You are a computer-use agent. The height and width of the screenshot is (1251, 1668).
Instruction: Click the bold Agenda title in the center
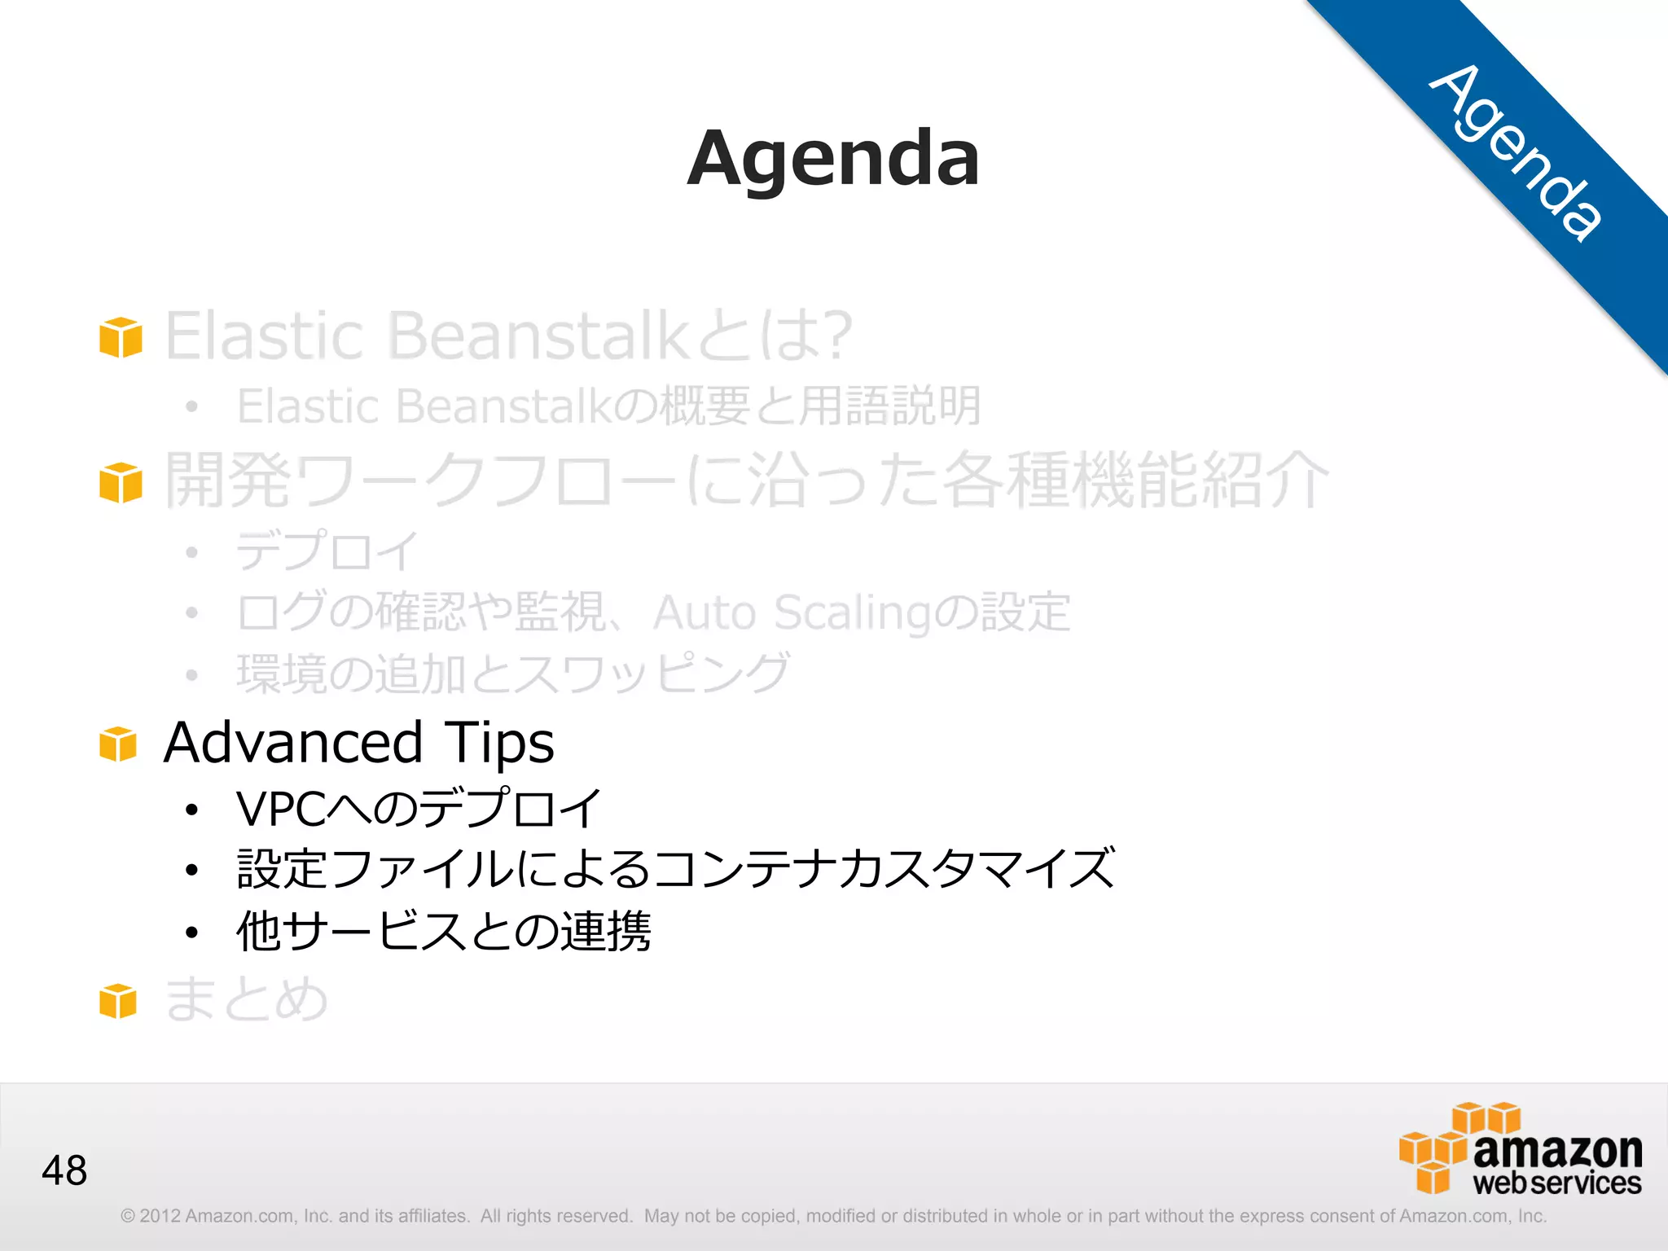833,159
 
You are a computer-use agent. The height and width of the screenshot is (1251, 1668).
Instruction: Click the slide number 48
64,1170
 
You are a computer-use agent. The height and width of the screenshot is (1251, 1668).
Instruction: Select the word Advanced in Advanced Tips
292,742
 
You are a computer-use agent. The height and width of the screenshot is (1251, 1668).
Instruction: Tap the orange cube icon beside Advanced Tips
119,744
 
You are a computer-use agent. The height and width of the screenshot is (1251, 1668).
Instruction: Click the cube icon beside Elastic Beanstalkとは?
121,337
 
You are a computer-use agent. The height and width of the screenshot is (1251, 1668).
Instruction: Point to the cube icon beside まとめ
119,1001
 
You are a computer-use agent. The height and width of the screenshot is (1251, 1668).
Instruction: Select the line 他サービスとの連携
443,931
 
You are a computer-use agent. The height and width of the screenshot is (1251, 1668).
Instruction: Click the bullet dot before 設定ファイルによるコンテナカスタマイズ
191,871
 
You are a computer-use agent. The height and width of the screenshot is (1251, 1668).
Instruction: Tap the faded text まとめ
246,999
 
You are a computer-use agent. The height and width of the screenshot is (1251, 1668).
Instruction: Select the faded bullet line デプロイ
327,551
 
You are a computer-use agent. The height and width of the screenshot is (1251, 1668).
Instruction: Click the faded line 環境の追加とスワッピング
513,674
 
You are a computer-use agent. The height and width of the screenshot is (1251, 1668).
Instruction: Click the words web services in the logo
1556,1183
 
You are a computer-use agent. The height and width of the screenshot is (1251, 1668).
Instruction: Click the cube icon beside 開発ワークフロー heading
121,482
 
